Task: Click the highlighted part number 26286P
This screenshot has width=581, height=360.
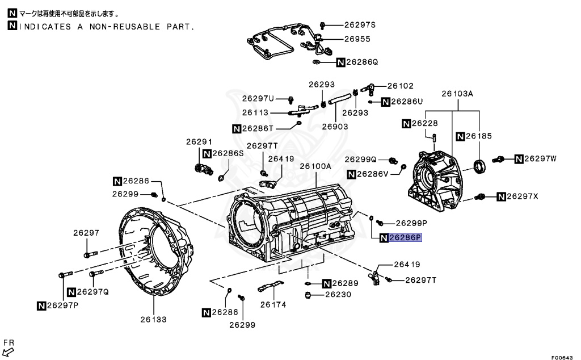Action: coord(405,237)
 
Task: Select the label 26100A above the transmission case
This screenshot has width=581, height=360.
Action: coord(315,166)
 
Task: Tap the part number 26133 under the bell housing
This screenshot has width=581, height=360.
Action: coord(153,319)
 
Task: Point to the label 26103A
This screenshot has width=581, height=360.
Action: coord(457,94)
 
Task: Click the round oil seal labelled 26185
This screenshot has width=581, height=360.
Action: coord(480,166)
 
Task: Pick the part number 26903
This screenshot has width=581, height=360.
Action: coord(335,127)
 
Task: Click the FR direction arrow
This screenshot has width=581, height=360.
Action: coord(8,351)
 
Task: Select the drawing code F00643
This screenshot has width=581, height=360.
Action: coord(562,357)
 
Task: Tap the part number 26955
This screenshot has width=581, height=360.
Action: coord(357,39)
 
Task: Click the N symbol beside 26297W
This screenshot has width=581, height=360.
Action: coord(519,159)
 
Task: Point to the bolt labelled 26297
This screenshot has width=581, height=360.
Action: coord(91,254)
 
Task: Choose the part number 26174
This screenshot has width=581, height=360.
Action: coord(273,304)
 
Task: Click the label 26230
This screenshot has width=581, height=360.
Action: coord(338,294)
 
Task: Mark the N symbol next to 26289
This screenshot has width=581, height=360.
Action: coord(326,283)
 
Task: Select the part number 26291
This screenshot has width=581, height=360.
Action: coord(199,141)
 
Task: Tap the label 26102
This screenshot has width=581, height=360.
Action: coord(400,86)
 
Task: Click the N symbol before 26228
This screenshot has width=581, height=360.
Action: coord(406,123)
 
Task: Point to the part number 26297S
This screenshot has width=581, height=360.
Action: coord(360,25)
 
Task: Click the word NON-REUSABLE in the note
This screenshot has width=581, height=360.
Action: coord(125,27)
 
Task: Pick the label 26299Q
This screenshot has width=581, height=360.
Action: coord(360,160)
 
